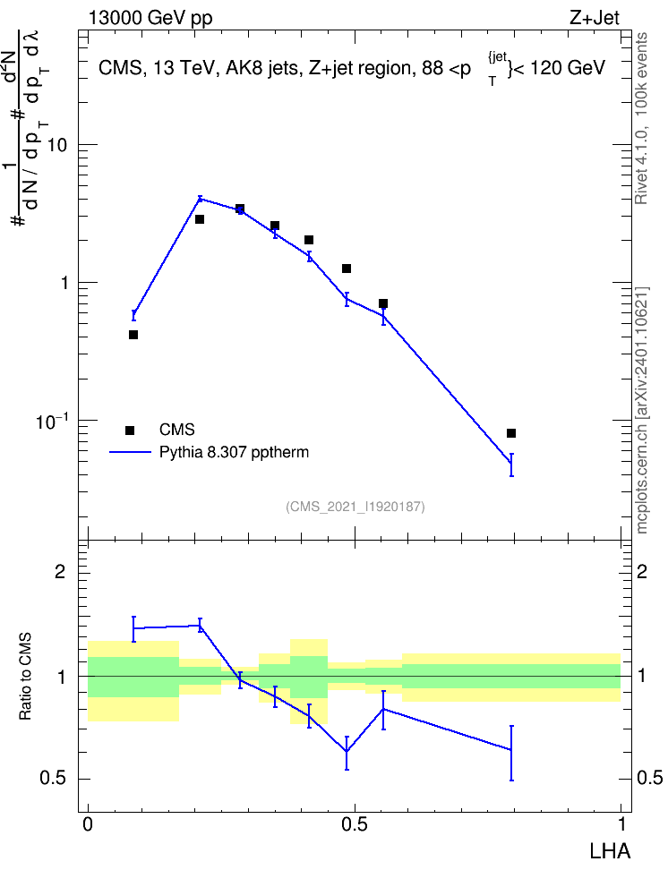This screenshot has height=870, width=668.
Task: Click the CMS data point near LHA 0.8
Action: coord(511,433)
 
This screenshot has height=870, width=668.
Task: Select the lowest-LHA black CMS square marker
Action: coord(133,335)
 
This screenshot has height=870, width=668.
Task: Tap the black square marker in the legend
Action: coord(130,430)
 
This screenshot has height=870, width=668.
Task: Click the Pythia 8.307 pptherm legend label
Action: coord(234,452)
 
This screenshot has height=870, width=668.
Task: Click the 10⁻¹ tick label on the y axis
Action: coord(52,422)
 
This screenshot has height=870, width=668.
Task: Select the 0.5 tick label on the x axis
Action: coord(355,824)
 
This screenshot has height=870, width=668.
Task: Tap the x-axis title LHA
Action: coord(610,851)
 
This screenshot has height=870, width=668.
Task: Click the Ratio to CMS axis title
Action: coord(25,677)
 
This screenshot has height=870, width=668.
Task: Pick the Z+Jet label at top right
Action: coord(595,18)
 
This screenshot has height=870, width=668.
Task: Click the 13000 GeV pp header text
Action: coord(150,19)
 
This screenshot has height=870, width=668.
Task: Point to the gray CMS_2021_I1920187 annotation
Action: coord(355,507)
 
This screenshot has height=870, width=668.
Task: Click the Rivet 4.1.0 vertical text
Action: coord(641,118)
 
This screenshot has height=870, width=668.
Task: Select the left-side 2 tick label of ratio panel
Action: coord(60,571)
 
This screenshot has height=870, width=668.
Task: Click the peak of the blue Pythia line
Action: coord(200,198)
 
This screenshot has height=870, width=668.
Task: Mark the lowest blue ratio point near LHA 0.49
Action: coord(347,751)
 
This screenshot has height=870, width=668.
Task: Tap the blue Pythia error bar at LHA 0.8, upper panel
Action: coord(511,465)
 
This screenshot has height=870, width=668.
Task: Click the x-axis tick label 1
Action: coord(622,824)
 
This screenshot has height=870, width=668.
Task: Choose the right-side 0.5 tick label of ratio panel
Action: coord(650,778)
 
